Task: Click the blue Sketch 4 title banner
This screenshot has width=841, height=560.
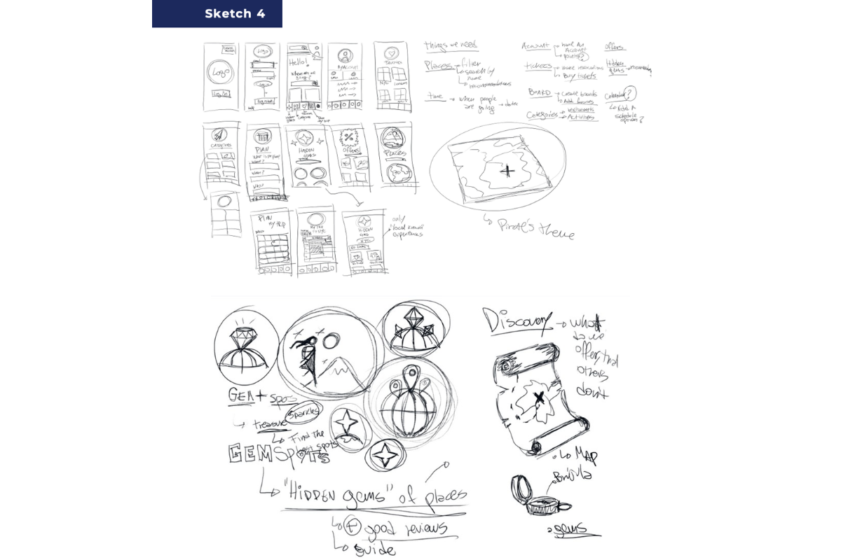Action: [x=217, y=14]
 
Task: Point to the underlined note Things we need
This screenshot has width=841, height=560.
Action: [x=451, y=47]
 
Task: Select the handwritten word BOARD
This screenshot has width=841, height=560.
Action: [x=539, y=94]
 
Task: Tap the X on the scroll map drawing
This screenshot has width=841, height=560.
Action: [x=538, y=398]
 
